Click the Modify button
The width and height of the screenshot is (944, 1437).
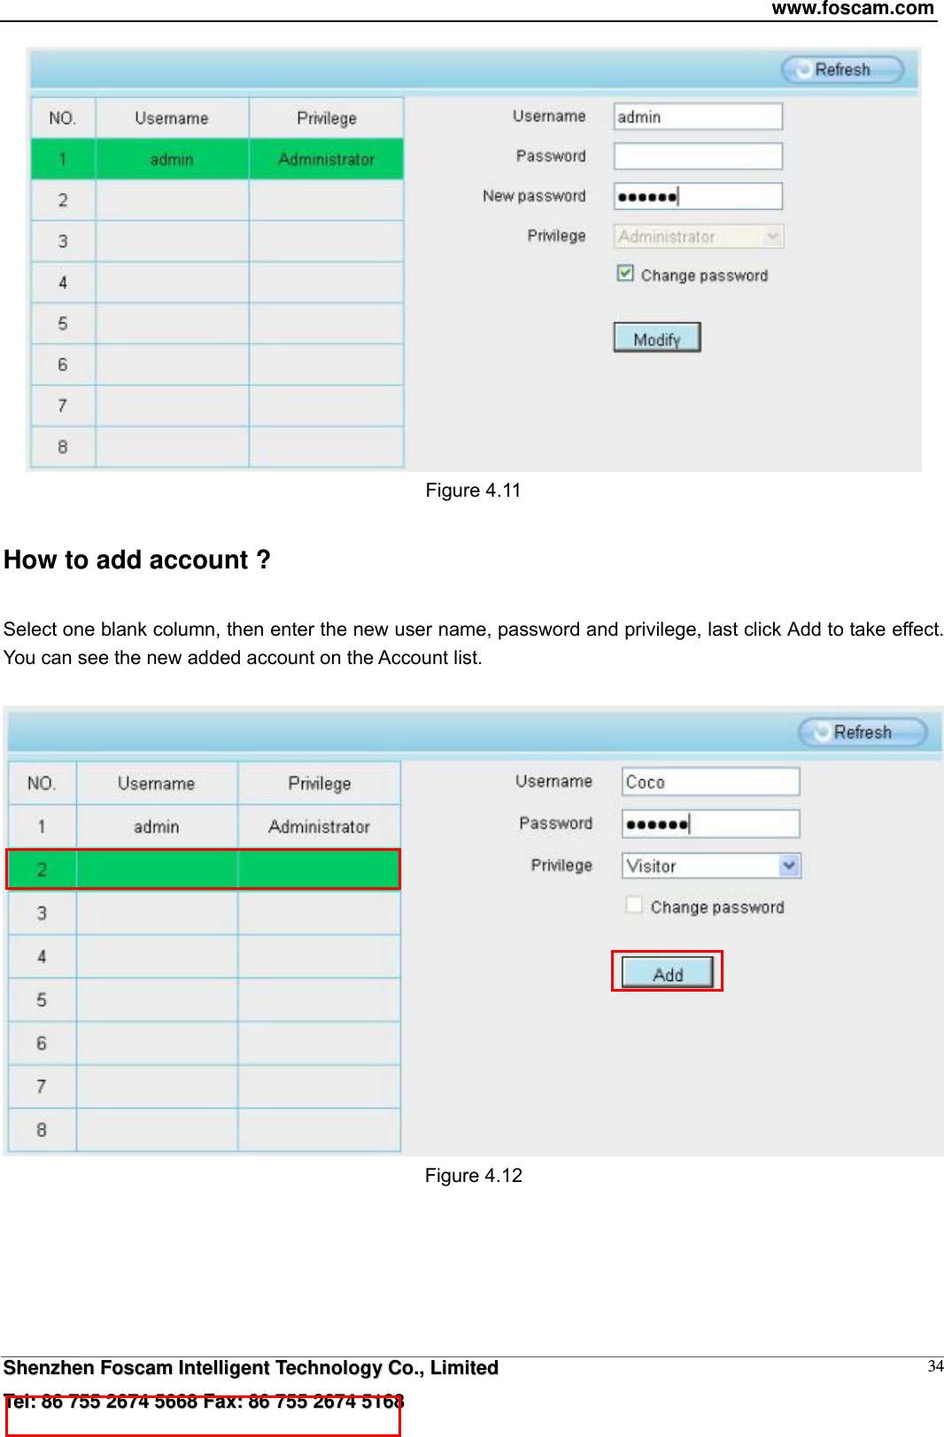(x=656, y=337)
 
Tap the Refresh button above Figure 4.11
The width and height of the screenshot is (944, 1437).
(x=842, y=69)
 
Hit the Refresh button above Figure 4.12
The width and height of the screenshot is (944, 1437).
(x=863, y=732)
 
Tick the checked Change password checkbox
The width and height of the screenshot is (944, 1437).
(x=625, y=274)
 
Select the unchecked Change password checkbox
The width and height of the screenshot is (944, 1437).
(x=634, y=905)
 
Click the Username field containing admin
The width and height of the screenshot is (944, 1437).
(x=698, y=117)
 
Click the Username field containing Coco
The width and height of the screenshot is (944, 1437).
(x=710, y=782)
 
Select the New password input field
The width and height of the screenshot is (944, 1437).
(x=698, y=197)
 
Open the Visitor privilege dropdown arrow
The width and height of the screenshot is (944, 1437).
(x=789, y=865)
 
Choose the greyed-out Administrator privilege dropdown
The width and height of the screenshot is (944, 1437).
(x=698, y=236)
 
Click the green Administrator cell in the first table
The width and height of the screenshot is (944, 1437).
(x=326, y=159)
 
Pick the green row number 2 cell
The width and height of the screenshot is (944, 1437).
(x=42, y=869)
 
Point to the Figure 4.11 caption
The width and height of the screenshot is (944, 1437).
(x=473, y=491)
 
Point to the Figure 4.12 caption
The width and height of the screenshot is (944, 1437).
(x=473, y=1176)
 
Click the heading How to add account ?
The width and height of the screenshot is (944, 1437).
(x=137, y=560)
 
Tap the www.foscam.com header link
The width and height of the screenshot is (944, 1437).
(x=852, y=9)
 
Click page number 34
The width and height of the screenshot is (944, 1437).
(x=935, y=1366)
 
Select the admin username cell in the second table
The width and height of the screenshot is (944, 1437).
(x=157, y=827)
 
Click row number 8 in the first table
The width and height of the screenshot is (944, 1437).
(x=63, y=447)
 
